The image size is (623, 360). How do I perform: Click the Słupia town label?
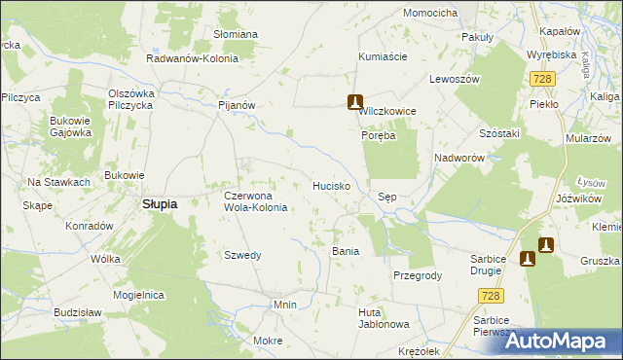pyautogui.click(x=160, y=204)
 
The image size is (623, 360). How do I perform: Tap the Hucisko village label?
pyautogui.click(x=331, y=185)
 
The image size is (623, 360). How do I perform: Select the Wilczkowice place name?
pyautogui.click(x=387, y=112)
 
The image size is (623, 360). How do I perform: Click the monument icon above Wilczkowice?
pyautogui.click(x=356, y=101)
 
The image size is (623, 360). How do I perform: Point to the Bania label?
pyautogui.click(x=346, y=251)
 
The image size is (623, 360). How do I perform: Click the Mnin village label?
pyautogui.click(x=284, y=305)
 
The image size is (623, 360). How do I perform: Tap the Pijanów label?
pyautogui.click(x=237, y=104)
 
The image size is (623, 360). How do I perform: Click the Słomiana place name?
pyautogui.click(x=236, y=34)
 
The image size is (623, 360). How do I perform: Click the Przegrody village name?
pyautogui.click(x=418, y=275)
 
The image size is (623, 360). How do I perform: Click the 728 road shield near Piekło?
pyautogui.click(x=543, y=77)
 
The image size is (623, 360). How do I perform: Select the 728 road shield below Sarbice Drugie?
pyautogui.click(x=494, y=295)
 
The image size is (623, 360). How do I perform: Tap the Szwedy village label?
pyautogui.click(x=243, y=255)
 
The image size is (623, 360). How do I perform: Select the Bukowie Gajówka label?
pyautogui.click(x=70, y=126)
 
